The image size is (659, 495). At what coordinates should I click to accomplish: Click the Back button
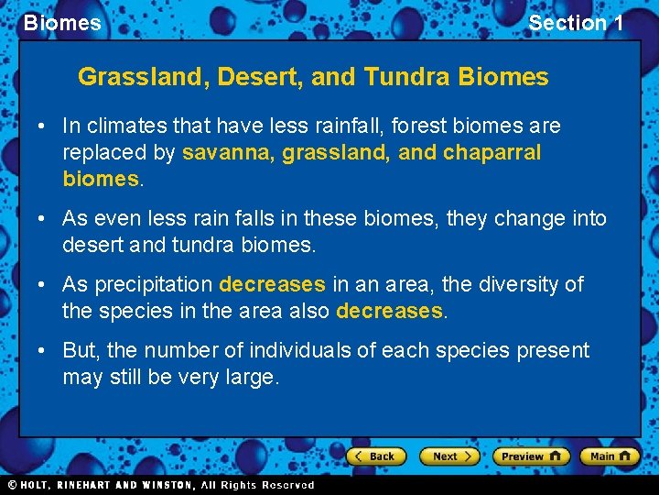tap(374, 456)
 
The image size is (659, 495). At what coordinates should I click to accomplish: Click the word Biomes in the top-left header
tap(62, 23)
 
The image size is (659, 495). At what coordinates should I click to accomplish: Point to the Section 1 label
tap(576, 23)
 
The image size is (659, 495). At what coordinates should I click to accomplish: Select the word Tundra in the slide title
tap(406, 77)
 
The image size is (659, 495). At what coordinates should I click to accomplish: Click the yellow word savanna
tap(226, 152)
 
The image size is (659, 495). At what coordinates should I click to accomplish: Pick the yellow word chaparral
tap(492, 152)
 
